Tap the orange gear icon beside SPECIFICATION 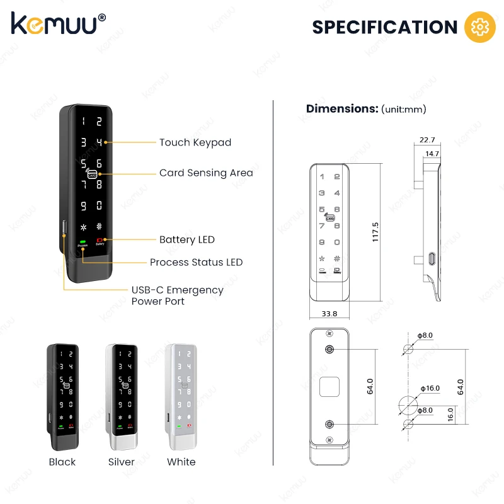476,26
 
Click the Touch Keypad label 195,142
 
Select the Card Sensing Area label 206,173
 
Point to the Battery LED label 186,239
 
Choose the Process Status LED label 196,262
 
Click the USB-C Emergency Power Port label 177,295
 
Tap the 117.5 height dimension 375,231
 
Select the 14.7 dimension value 432,153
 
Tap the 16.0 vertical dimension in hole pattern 450,414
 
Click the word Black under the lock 62,462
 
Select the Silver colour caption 122,462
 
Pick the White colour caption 181,462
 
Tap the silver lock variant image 122,394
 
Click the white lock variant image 181,394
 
